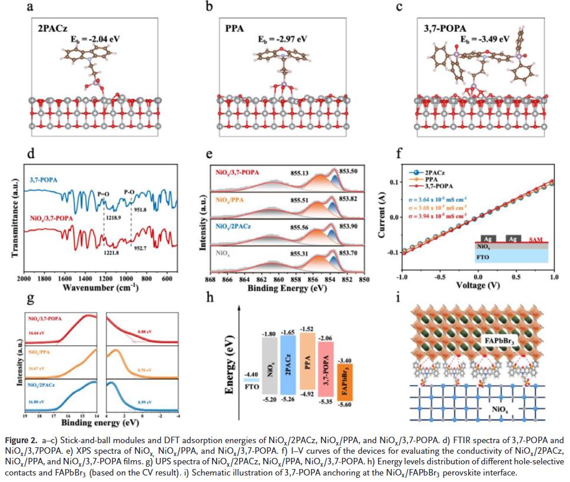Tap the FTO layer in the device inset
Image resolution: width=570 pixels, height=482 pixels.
(486, 257)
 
